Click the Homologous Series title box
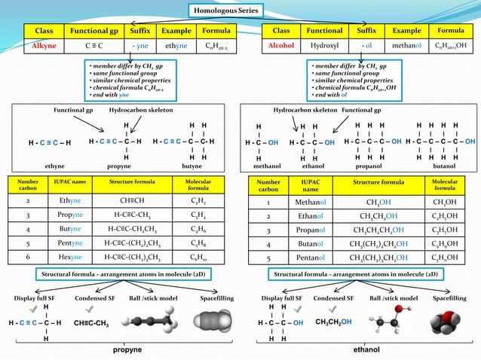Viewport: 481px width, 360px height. point(225,11)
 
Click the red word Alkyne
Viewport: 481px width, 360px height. point(38,46)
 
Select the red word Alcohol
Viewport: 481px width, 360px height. point(281,46)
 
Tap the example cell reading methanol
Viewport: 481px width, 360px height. point(407,46)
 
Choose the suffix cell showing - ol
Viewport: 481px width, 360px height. point(366,46)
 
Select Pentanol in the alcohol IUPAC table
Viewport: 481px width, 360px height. point(311,258)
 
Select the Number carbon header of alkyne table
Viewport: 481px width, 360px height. point(28,184)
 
